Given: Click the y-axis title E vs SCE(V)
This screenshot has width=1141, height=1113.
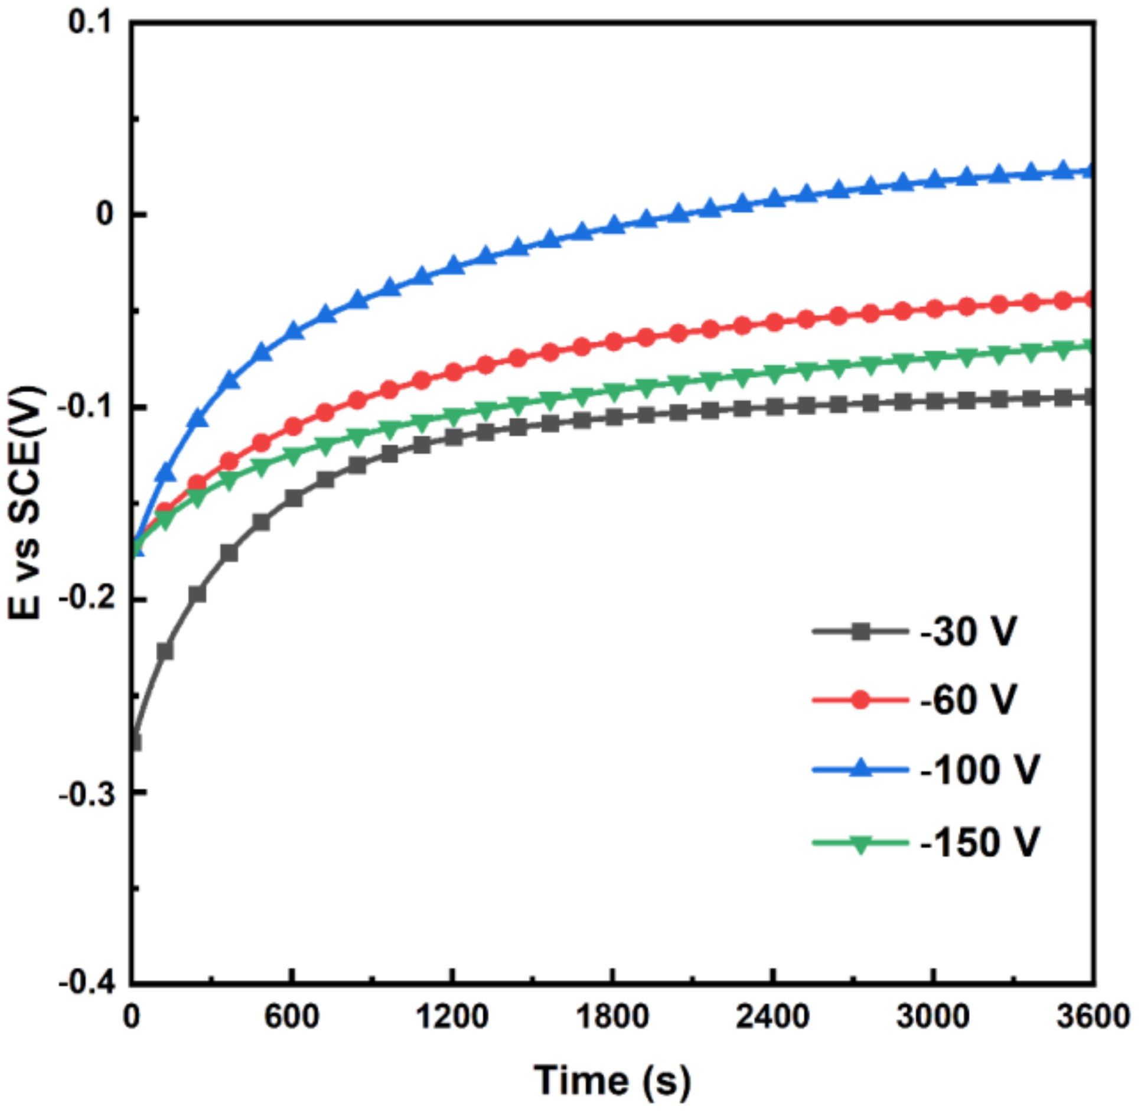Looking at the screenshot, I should (27, 502).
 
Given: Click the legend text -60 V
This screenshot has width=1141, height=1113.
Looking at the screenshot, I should (969, 700).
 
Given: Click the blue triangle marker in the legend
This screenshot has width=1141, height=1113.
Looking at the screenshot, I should (860, 769).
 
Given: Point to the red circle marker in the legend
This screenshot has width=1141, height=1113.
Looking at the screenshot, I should (860, 700).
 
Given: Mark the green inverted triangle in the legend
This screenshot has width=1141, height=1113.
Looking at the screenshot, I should (860, 844).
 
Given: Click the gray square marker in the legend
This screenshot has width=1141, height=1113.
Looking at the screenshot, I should (860, 632).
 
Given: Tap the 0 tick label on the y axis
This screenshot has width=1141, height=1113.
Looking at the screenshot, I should (105, 214).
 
